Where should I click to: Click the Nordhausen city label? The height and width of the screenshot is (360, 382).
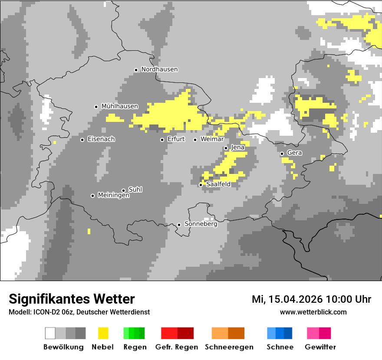click(159, 69)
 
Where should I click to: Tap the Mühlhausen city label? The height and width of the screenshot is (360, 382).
click(119, 106)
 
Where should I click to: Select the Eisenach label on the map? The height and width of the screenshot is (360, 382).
click(101, 139)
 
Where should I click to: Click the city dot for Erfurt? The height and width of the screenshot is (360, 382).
click(162, 140)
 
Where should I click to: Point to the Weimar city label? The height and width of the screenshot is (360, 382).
click(212, 139)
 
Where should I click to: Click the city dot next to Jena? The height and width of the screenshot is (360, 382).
click(226, 148)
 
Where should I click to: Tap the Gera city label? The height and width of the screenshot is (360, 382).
click(294, 153)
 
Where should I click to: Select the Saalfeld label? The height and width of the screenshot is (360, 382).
click(218, 184)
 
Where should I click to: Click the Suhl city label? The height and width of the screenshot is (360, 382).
click(135, 190)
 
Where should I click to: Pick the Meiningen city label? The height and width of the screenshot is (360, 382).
click(113, 196)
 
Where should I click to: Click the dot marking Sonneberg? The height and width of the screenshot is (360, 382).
click(179, 225)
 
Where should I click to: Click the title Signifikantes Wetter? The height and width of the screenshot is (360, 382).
click(72, 299)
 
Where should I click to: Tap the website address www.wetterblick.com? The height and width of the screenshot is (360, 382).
click(313, 312)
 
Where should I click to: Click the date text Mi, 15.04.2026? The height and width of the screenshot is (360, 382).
click(287, 299)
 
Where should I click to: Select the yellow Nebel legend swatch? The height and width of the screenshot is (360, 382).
click(103, 333)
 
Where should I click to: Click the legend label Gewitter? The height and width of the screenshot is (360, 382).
click(320, 347)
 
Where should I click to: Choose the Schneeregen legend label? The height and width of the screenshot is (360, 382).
click(229, 347)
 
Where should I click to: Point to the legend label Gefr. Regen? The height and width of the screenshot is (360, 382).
click(176, 347)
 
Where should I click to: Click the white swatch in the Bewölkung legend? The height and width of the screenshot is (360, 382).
click(50, 333)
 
